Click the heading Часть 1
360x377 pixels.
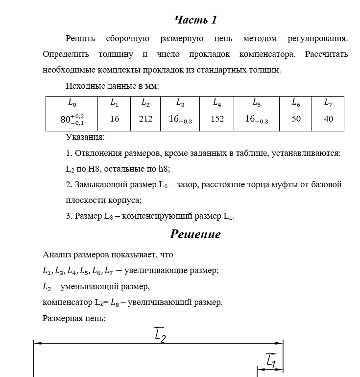point(195,20)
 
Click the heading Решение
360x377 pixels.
point(195,234)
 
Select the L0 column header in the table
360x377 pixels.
point(72,103)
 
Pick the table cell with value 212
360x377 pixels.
point(145,119)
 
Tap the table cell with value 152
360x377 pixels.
point(217,119)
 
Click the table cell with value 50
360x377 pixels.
point(296,119)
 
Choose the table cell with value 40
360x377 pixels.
point(328,119)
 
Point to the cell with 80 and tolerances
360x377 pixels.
point(72,120)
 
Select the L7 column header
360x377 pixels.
point(328,103)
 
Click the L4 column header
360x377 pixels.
point(217,103)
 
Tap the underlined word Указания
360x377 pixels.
point(85,137)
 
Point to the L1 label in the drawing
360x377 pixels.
point(271,361)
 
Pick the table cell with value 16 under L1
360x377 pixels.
point(115,119)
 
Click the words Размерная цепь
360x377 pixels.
point(74,318)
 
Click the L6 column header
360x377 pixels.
point(296,103)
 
